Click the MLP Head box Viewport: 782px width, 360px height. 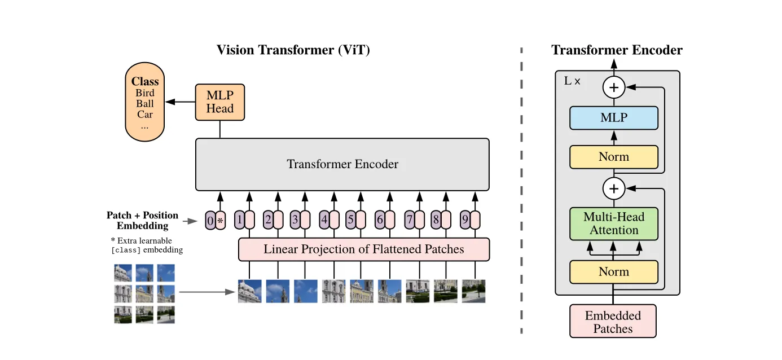pyautogui.click(x=219, y=102)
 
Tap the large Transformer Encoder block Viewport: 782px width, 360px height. pyautogui.click(x=342, y=164)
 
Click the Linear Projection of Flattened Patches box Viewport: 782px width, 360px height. pyautogui.click(x=363, y=249)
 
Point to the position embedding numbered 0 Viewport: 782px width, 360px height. pyautogui.click(x=210, y=221)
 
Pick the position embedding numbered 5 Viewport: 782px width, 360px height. pyautogui.click(x=350, y=219)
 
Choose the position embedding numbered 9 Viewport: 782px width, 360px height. pyautogui.click(x=464, y=219)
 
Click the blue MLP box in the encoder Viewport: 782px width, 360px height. pyautogui.click(x=614, y=118)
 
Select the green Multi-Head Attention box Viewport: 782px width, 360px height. pyautogui.click(x=614, y=223)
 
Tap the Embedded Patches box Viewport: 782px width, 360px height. pyautogui.click(x=613, y=322)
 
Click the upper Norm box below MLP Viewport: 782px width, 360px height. pyautogui.click(x=614, y=157)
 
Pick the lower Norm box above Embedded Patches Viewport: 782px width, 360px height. pyautogui.click(x=614, y=271)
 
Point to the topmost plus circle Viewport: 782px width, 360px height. pyautogui.click(x=614, y=87)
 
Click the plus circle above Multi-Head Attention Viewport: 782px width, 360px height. pyautogui.click(x=614, y=188)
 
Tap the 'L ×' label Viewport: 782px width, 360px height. pyautogui.click(x=572, y=81)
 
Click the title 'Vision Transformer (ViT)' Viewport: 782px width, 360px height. pyautogui.click(x=293, y=50)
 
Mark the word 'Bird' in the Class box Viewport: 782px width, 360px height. pyautogui.click(x=145, y=93)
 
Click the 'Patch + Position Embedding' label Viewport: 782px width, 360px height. pyautogui.click(x=142, y=221)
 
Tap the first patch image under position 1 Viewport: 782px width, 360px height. pyautogui.click(x=249, y=291)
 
